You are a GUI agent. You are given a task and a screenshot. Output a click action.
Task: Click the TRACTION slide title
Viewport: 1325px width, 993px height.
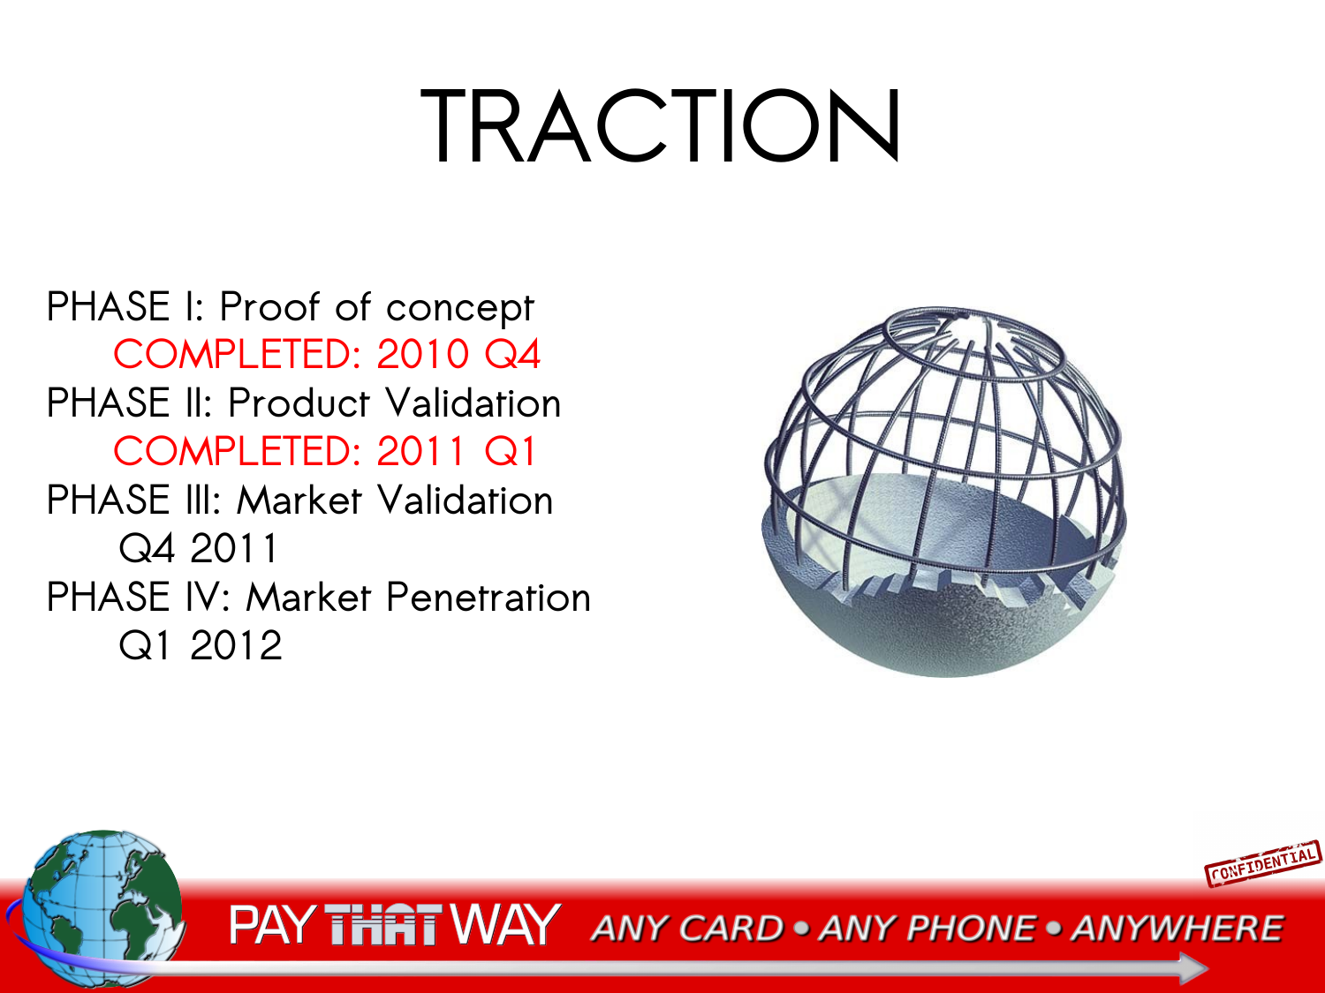click(x=660, y=125)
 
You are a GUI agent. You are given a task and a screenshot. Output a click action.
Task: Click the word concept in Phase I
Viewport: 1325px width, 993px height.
click(x=460, y=308)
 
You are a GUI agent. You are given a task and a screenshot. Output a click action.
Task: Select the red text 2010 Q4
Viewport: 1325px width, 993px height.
click(x=458, y=354)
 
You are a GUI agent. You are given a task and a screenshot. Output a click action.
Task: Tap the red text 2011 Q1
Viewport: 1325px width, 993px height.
click(x=457, y=451)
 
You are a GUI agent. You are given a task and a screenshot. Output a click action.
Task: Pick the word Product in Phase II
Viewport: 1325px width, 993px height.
click(x=299, y=402)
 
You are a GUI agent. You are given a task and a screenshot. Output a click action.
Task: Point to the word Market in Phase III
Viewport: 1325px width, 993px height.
click(x=299, y=500)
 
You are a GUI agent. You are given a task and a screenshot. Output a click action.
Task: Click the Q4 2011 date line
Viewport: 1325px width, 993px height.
click(x=198, y=548)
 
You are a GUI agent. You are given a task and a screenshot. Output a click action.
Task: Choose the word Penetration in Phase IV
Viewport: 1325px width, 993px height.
click(x=488, y=597)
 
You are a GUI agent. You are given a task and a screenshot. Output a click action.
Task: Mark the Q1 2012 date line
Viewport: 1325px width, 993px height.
click(x=201, y=645)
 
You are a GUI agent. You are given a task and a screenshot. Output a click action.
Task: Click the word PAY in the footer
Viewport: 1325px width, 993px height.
click(x=272, y=924)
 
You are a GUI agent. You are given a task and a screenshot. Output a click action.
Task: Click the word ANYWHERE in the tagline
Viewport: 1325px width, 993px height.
click(x=1177, y=929)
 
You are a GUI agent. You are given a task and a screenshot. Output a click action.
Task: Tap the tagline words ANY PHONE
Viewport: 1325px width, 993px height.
click(x=927, y=929)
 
